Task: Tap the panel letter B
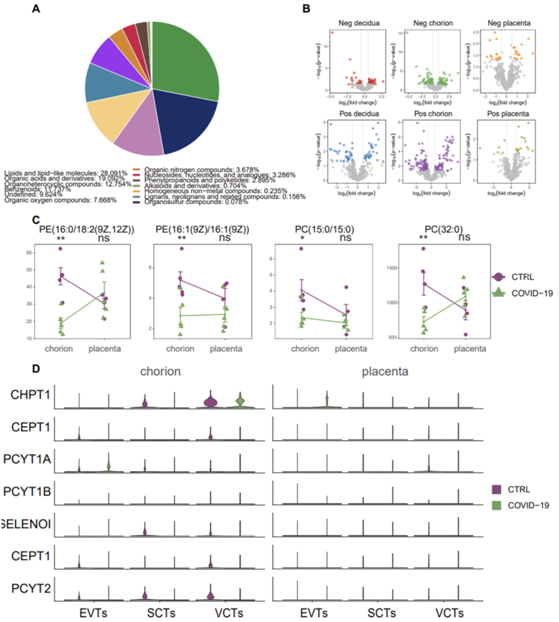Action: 306,9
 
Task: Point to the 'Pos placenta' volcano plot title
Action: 505,113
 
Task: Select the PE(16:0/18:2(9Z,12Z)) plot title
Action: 80,228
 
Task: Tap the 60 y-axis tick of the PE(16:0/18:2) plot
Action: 31,253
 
